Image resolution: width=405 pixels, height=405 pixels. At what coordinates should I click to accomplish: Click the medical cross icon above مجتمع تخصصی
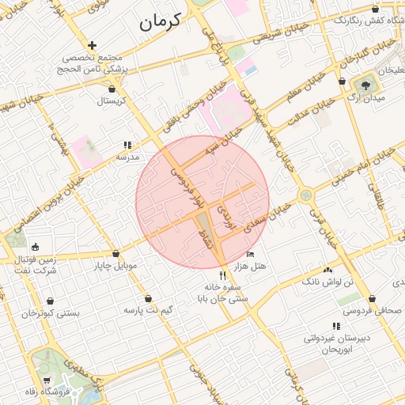tap(93, 46)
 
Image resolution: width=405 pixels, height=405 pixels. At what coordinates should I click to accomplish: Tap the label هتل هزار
tap(251, 267)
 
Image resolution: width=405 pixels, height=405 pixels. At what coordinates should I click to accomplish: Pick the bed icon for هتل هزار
tap(251, 255)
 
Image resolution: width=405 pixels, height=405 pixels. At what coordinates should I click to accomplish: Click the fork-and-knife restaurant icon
tap(223, 275)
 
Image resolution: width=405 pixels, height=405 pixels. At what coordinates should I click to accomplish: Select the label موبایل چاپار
tap(115, 266)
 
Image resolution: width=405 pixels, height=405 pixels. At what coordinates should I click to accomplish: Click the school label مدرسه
tap(127, 157)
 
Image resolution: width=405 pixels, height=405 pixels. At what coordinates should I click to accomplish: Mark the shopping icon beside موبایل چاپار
tap(115, 254)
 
